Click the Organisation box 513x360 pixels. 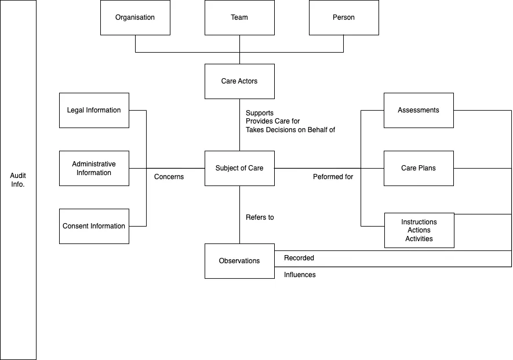pyautogui.click(x=135, y=17)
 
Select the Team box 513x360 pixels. pyautogui.click(x=239, y=17)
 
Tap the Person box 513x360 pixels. pyautogui.click(x=344, y=17)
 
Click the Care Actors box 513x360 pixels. pyautogui.click(x=239, y=81)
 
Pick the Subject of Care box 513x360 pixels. pyautogui.click(x=239, y=168)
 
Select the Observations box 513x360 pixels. pyautogui.click(x=239, y=261)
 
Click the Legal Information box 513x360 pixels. pyautogui.click(x=94, y=110)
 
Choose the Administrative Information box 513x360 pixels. pyautogui.click(x=94, y=168)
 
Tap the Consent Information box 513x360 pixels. pyautogui.click(x=94, y=226)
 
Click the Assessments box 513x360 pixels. pyautogui.click(x=419, y=110)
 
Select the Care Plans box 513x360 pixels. pyautogui.click(x=419, y=168)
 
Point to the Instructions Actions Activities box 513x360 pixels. pyautogui.click(x=419, y=230)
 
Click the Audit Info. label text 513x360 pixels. pyautogui.click(x=18, y=180)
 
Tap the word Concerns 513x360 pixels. pyautogui.click(x=169, y=177)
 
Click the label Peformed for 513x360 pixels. pyautogui.click(x=333, y=177)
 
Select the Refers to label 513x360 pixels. pyautogui.click(x=260, y=217)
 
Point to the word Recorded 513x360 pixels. pyautogui.click(x=299, y=258)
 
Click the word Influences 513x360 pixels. pyautogui.click(x=300, y=275)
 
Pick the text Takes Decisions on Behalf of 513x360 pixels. pyautogui.click(x=290, y=130)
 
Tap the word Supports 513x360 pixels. pyautogui.click(x=260, y=113)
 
